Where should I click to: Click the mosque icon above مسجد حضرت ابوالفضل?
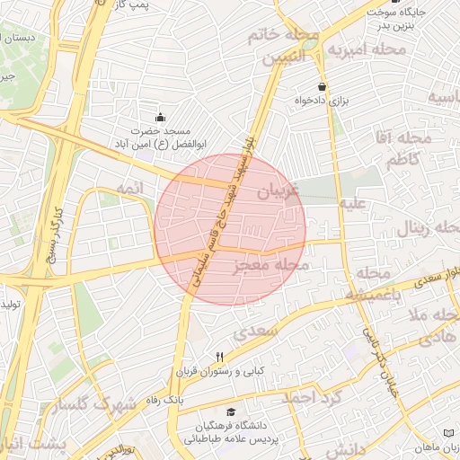[x=161, y=117]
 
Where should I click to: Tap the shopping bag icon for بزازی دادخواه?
[x=322, y=87]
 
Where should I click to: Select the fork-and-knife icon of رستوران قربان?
[x=219, y=357]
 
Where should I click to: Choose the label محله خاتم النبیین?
[x=283, y=47]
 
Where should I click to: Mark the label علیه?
[x=351, y=205]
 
